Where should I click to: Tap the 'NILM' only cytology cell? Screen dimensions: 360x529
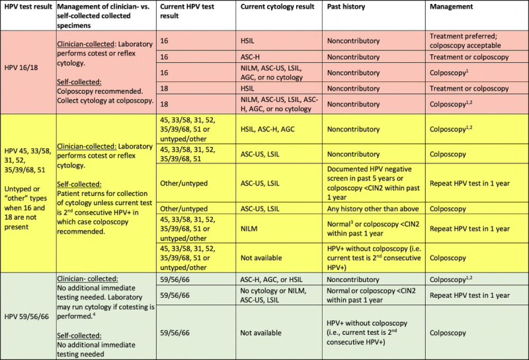(250, 228)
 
